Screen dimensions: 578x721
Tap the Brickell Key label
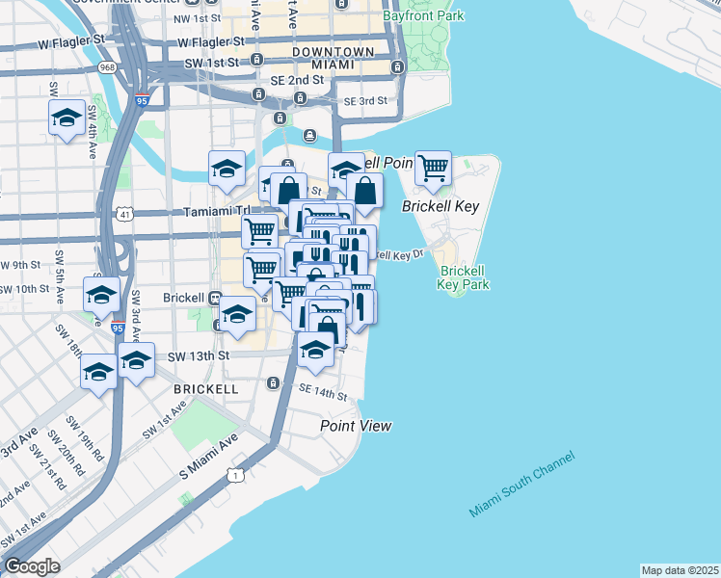[441, 207]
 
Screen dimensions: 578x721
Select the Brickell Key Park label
[464, 277]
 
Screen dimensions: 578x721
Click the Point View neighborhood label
[357, 426]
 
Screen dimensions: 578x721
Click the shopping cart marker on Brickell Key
[434, 168]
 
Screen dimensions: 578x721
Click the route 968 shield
[107, 67]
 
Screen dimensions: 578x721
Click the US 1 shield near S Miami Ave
[233, 473]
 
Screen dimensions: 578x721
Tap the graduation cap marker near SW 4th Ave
[65, 118]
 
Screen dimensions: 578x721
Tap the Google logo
[32, 566]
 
